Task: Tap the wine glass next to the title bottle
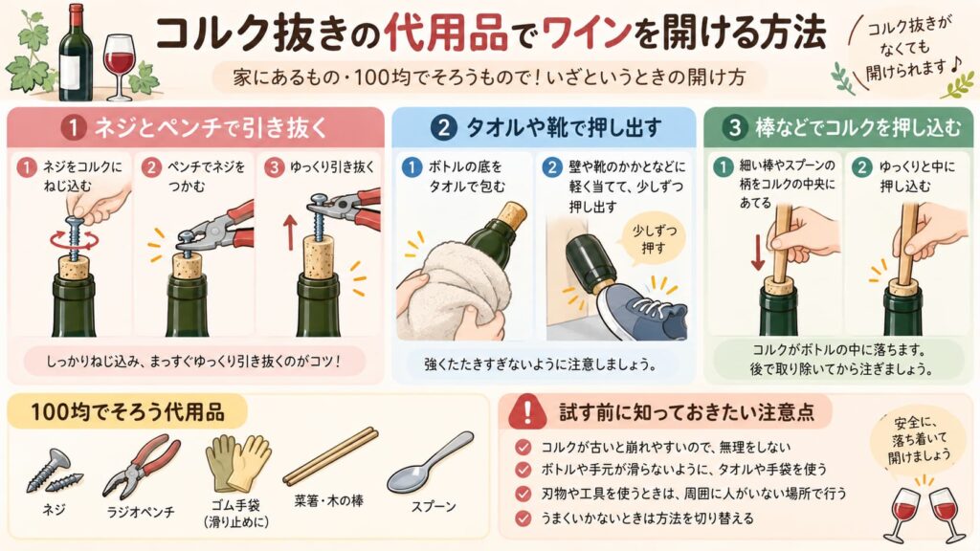coord(119,67)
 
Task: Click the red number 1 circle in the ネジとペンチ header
coord(74,128)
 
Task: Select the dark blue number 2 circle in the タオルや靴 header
coord(443,128)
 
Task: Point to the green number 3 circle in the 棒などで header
coord(734,128)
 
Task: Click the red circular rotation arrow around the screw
coord(75,239)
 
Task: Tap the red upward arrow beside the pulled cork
coord(289,232)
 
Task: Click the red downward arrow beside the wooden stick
coord(758,253)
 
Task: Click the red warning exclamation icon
coord(527,411)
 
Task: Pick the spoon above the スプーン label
coord(430,463)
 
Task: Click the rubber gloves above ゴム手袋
coord(237,463)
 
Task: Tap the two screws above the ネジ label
coord(54,472)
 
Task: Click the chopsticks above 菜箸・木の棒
coord(330,456)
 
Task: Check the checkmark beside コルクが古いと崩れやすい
coord(523,448)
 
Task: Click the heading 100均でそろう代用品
coord(127,412)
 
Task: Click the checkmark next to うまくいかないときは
coord(523,518)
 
